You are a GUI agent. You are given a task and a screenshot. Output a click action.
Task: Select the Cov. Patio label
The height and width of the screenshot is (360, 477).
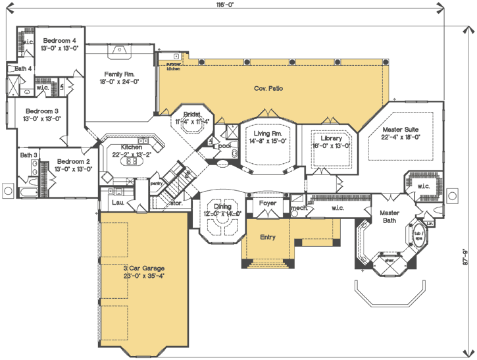coord(268,88)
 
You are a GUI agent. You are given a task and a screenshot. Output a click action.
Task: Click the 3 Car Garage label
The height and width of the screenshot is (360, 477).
coord(143,269)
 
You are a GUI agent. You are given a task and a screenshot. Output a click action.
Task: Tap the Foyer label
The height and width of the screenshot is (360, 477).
coord(267,203)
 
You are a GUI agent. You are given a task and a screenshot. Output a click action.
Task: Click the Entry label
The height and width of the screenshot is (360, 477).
coord(267,237)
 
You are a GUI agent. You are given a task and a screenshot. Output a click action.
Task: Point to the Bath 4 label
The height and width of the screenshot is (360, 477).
coord(24,68)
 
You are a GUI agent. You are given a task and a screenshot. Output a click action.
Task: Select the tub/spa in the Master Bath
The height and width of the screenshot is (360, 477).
coord(417,234)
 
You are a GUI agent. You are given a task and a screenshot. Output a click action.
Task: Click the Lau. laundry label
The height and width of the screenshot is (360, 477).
coord(118,203)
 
